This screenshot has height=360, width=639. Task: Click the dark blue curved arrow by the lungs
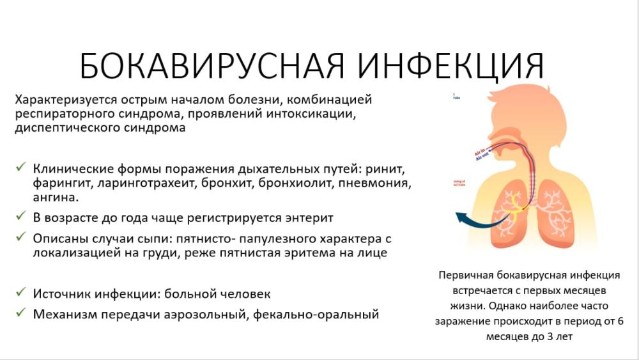click(473, 217)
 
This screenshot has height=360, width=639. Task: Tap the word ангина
click(52, 198)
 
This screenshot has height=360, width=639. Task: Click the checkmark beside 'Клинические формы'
click(21, 168)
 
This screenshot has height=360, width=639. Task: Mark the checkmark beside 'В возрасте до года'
click(21, 217)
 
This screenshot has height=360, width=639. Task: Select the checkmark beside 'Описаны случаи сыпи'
click(21, 237)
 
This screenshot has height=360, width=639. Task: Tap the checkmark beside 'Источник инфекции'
click(21, 293)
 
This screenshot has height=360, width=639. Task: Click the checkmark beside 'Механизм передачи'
click(21, 313)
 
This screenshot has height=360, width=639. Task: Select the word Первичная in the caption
click(468, 276)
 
